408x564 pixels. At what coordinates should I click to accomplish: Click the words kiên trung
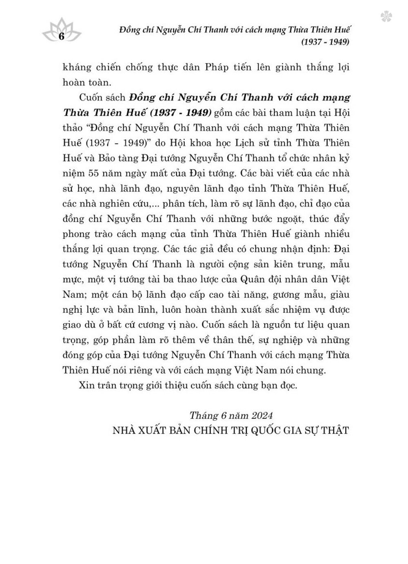click(x=293, y=264)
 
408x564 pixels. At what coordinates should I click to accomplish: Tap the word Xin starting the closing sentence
click(x=87, y=385)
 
